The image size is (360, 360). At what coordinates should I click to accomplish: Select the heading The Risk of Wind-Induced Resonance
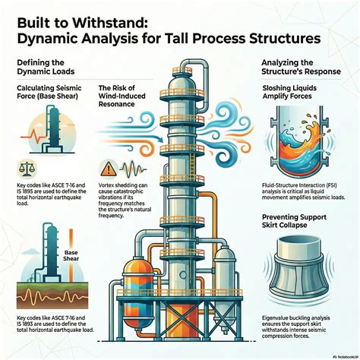point(125,99)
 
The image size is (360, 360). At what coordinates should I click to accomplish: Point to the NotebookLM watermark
point(340,354)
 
